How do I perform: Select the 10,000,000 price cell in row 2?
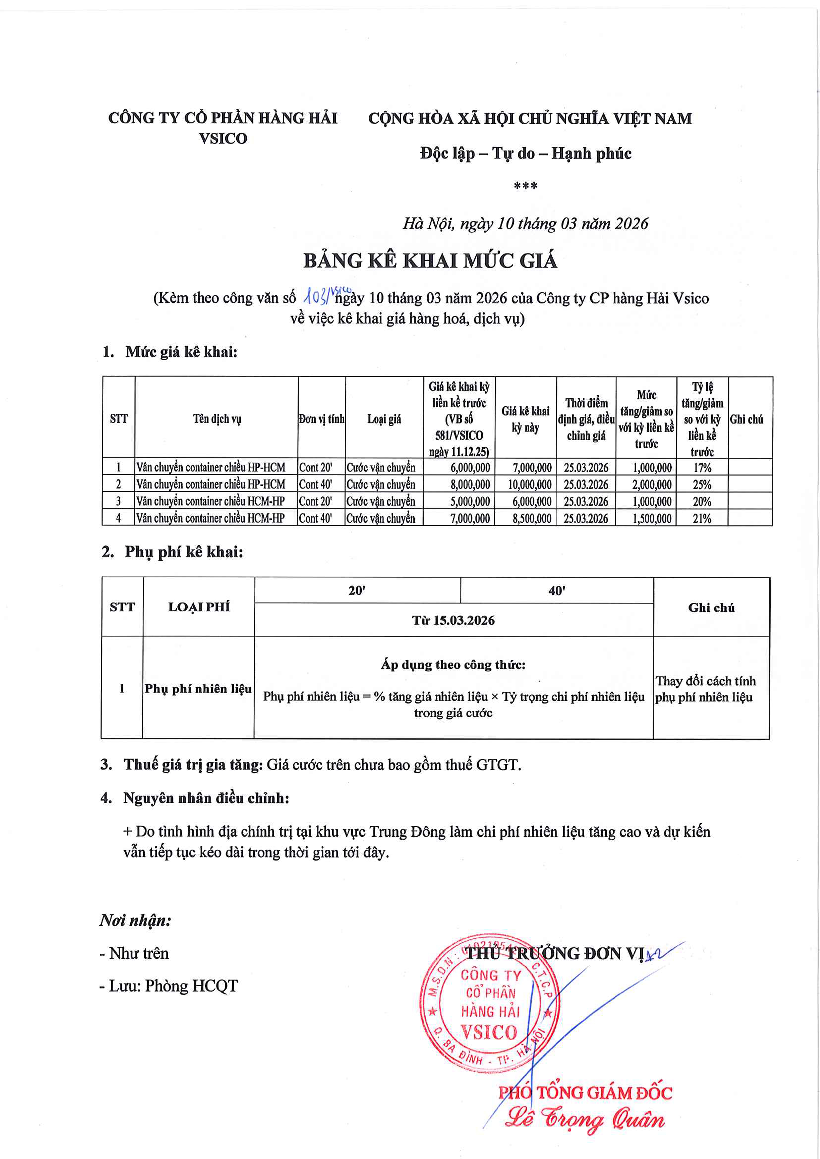529,485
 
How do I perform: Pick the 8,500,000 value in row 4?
532,518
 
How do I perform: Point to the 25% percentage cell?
702,485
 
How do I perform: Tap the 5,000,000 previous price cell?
470,502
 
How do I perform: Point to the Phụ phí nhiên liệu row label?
198,689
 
